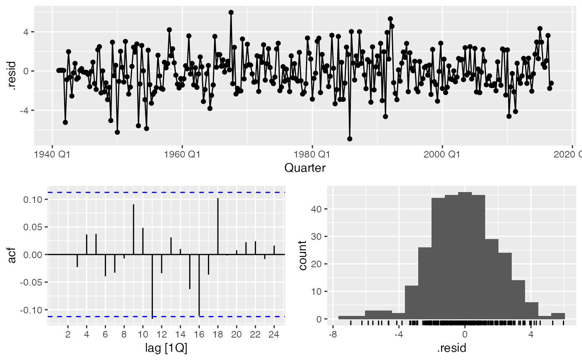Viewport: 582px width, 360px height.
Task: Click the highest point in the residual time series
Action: (231, 12)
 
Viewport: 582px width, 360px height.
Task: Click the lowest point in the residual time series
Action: (350, 139)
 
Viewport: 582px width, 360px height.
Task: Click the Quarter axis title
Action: (305, 168)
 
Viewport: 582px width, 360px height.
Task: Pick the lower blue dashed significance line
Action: (166, 317)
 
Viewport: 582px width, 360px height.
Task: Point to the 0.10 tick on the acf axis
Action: (35, 200)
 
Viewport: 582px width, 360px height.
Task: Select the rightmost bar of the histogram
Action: (558, 316)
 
